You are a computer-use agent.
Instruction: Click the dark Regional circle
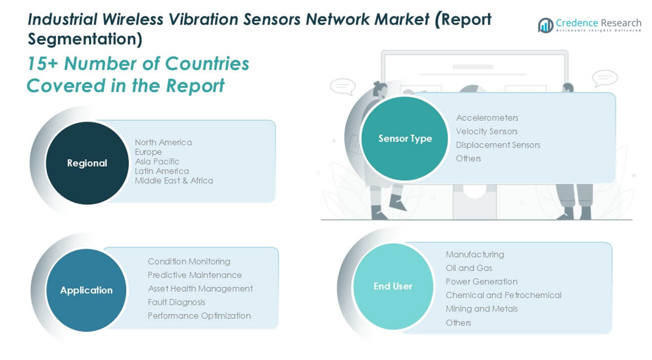[x=87, y=163]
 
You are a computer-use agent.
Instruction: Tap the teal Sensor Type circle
[x=405, y=138]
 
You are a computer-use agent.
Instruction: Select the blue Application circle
[x=87, y=290]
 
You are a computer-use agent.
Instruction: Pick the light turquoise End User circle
[x=393, y=286]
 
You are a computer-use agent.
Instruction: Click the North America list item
[x=163, y=143]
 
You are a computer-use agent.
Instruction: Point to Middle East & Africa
[x=174, y=181]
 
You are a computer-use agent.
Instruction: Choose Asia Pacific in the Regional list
[x=157, y=161]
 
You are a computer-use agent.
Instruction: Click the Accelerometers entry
[x=487, y=118]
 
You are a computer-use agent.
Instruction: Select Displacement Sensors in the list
[x=498, y=145]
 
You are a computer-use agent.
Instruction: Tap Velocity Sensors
[x=487, y=131]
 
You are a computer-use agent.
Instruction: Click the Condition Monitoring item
[x=189, y=262]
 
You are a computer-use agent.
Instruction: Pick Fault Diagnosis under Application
[x=177, y=302]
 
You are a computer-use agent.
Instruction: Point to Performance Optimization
[x=200, y=316]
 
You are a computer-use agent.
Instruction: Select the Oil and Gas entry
[x=469, y=268]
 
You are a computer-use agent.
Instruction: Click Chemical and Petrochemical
[x=504, y=295]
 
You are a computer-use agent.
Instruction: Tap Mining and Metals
[x=482, y=309]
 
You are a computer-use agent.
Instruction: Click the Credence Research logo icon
[x=545, y=25]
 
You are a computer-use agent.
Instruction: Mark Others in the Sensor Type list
[x=469, y=158]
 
